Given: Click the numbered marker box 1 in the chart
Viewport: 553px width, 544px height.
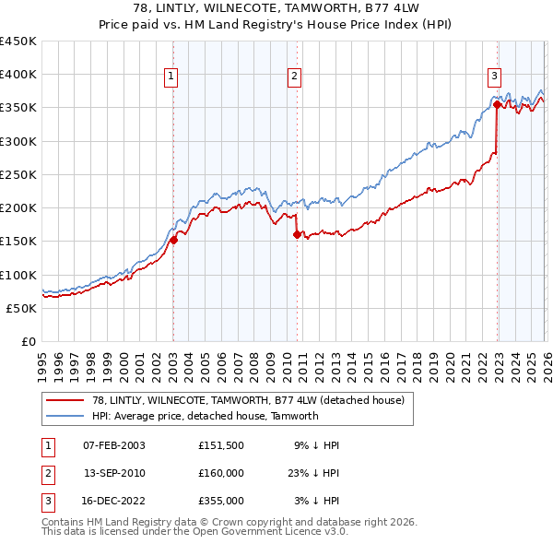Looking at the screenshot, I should [172, 77].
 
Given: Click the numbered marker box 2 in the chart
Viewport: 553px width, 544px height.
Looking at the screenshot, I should [294, 77].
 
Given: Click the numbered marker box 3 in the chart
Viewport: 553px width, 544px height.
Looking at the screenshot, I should [494, 77].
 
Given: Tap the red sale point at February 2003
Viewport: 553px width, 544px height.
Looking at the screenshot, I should [173, 241].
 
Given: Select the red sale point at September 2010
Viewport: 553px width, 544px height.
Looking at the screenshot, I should [297, 235].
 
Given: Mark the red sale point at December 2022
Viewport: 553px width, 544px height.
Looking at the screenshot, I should [497, 105].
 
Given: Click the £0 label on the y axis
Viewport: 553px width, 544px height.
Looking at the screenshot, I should [29, 341].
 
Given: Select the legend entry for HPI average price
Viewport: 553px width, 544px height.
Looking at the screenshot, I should [205, 416].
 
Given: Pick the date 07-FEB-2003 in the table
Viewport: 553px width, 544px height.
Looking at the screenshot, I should [113, 445].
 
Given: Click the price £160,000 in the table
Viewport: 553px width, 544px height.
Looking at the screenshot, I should [220, 473].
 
